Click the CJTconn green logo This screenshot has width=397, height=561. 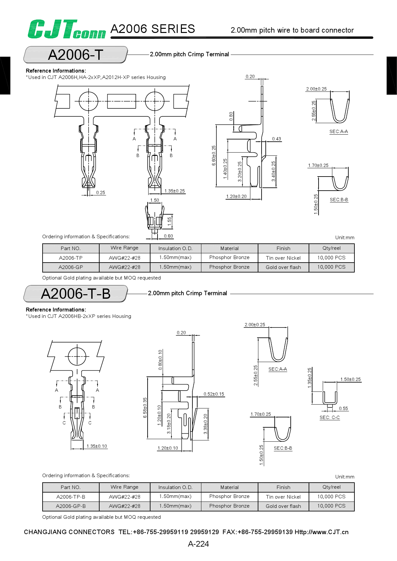click(x=67, y=29)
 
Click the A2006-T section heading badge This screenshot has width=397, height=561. click(x=76, y=55)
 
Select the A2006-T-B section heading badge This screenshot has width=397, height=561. click(x=76, y=294)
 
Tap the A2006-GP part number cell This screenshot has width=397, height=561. click(x=71, y=267)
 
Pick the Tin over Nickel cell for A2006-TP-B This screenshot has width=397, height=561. click(x=283, y=497)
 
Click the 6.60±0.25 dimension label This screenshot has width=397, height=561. click(x=214, y=156)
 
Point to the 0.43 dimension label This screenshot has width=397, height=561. click(x=277, y=139)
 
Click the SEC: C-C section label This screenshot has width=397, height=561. click(x=329, y=417)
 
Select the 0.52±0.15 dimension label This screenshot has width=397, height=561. click(x=214, y=394)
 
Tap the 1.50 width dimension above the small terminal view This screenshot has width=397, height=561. click(x=155, y=200)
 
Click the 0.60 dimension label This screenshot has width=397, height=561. click(x=168, y=236)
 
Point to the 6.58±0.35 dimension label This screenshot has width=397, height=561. click(x=145, y=408)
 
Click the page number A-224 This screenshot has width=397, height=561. click(x=199, y=544)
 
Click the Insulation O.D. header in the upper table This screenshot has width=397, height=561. click(x=175, y=248)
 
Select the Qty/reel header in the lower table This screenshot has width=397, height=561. click(x=331, y=487)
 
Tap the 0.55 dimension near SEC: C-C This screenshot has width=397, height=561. click(x=343, y=408)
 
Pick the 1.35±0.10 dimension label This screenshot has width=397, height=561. click(x=97, y=446)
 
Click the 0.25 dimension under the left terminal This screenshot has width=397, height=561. click(x=101, y=193)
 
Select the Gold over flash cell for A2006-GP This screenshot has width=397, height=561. click(x=283, y=267)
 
